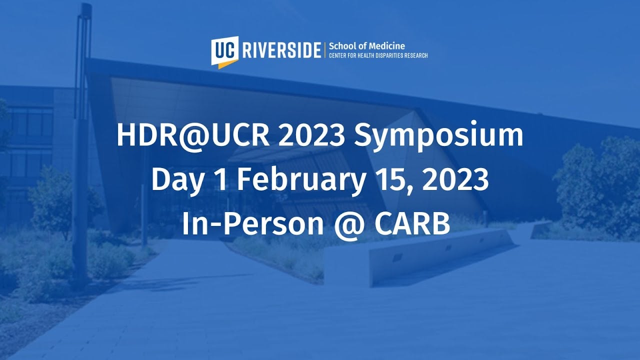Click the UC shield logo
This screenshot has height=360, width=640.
click(x=224, y=52)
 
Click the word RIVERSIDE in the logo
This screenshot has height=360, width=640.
click(x=281, y=50)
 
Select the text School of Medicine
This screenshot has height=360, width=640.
click(x=367, y=46)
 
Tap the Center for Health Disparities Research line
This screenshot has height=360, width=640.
click(x=378, y=55)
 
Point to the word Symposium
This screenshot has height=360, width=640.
click(x=438, y=136)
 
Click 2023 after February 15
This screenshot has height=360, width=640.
click(x=455, y=180)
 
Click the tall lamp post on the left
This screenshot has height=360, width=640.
click(x=81, y=143)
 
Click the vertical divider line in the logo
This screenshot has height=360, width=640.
click(x=325, y=50)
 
